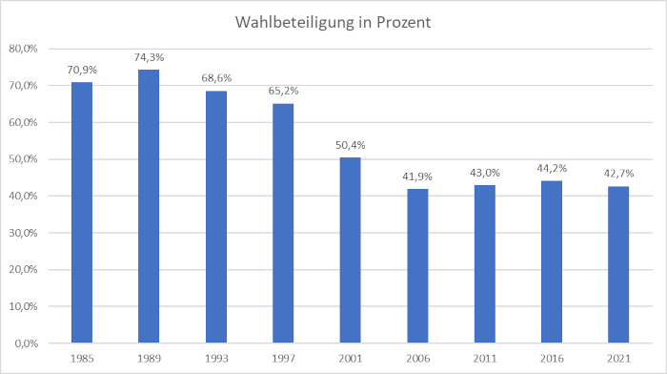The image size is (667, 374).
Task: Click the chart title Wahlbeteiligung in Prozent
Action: pos(333,22)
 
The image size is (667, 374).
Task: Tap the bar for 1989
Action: pos(149,206)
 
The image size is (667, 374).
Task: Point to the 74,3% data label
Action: pos(149,57)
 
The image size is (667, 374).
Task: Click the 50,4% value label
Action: pos(351,145)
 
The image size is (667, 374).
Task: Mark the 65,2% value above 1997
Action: pos(283,91)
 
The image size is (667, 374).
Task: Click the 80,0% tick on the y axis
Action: pos(23,49)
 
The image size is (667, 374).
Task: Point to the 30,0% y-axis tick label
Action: pos(23,233)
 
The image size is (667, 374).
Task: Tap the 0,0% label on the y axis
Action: pos(26,343)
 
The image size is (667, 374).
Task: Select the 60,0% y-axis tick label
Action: pos(23,122)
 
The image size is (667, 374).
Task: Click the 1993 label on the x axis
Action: pos(216,359)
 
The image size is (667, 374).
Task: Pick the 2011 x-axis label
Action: pos(485,359)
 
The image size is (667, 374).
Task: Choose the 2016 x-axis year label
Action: pos(552,359)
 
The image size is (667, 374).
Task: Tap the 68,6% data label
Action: pos(216,78)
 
